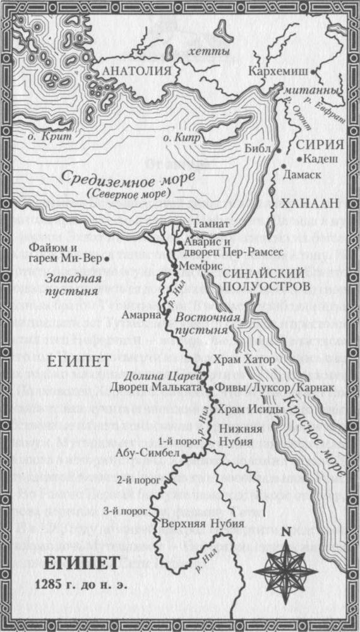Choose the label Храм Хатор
pyautogui.click(x=243, y=360)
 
